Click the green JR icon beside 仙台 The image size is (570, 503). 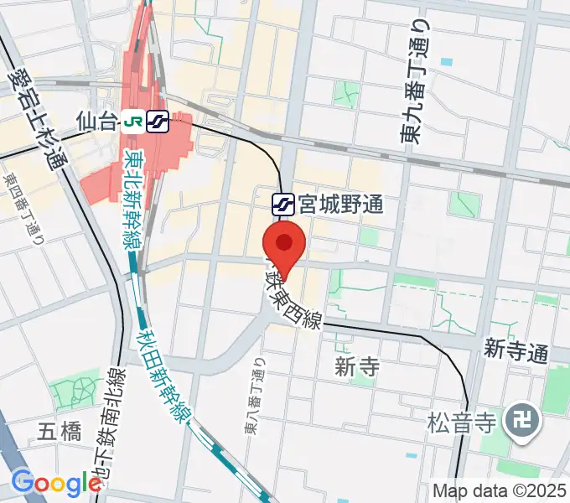[x=131, y=122]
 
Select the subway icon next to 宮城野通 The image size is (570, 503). [x=282, y=204]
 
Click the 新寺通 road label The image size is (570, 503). [x=516, y=350]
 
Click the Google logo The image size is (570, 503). [x=56, y=483]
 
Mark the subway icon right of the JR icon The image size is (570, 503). [x=157, y=122]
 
